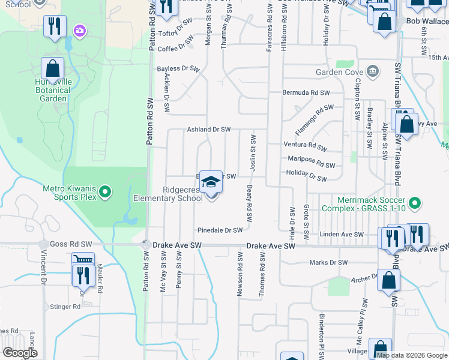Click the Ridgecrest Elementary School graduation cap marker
[211, 181]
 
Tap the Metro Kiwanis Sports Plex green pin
[106, 192]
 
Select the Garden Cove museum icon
[373, 71]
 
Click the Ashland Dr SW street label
[208, 130]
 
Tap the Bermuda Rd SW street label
[307, 93]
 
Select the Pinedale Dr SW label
[220, 230]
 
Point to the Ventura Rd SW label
[305, 145]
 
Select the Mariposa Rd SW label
[311, 161]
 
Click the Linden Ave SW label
[342, 235]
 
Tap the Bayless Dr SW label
[178, 69]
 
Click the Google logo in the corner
[20, 353]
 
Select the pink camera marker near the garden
[80, 30]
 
